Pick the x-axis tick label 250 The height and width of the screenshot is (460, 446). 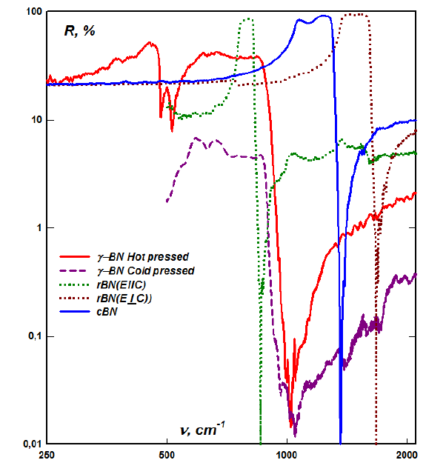pos(47,453)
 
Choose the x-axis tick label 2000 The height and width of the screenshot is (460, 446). pos(407,453)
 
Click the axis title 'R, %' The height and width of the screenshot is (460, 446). pos(79,32)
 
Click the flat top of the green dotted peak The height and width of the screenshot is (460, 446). pos(247,20)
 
